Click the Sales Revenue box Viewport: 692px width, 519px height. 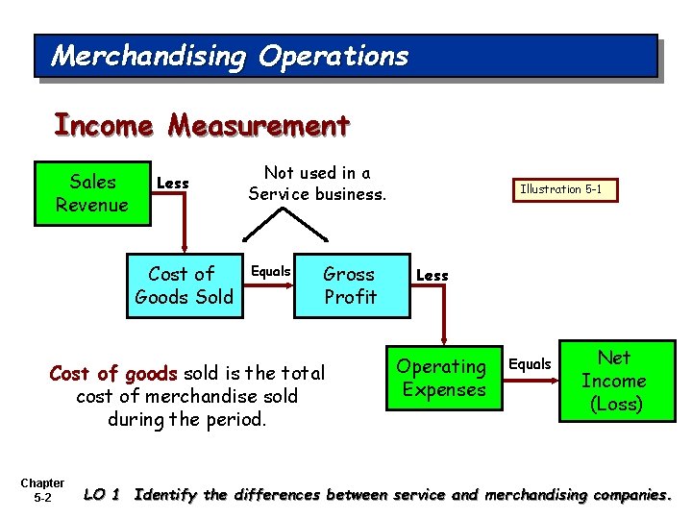pos(92,193)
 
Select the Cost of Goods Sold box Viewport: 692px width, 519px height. pos(184,285)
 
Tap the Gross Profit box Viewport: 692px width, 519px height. pos(351,285)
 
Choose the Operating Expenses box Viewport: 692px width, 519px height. pos(443,378)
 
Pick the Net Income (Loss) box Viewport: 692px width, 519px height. pos(615,381)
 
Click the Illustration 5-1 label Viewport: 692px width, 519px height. pos(561,189)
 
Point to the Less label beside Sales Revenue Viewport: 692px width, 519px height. pos(173,184)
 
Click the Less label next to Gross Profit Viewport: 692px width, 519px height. pos(432,276)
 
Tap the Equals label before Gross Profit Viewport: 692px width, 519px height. pos(270,272)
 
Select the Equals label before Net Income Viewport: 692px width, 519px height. pos(530,364)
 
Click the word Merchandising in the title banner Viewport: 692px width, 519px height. pos(149,56)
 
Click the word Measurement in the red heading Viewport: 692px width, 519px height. pos(259,126)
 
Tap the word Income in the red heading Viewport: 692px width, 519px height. pos(104,126)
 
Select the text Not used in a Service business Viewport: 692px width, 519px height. pos(317,184)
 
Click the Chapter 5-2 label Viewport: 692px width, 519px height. pos(42,490)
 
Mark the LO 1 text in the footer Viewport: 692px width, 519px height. pos(102,495)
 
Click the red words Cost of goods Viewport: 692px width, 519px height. pos(113,373)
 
